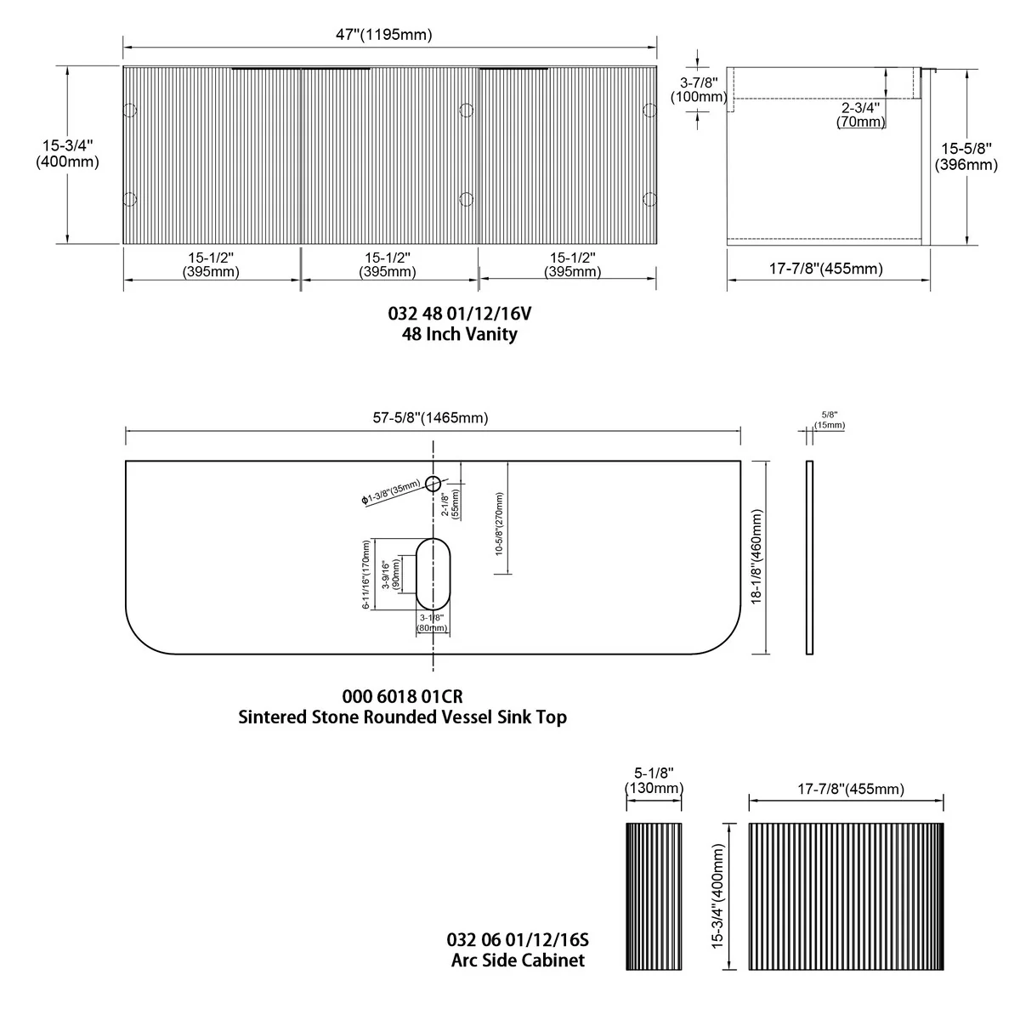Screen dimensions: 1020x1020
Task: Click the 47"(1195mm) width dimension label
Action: pos(383,35)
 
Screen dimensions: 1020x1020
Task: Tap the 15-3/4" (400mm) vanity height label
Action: pos(67,154)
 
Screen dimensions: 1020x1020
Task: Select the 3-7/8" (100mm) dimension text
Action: pos(699,89)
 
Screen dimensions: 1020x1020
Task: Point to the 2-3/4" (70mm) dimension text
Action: pos(861,115)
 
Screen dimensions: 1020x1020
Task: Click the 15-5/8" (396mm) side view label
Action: pos(966,156)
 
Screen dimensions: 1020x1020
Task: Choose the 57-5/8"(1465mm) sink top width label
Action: pos(430,417)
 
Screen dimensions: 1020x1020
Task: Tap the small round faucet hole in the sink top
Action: pos(433,484)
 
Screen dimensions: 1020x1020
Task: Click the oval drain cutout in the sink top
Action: pos(433,575)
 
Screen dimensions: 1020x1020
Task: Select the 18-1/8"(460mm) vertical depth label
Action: pos(756,556)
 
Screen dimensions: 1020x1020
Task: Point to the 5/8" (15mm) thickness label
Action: pos(830,420)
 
